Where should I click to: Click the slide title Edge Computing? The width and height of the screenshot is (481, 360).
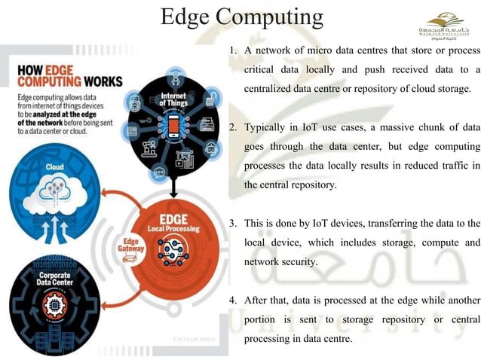pyautogui.click(x=241, y=17)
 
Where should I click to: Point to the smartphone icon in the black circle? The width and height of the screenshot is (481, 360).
pyautogui.click(x=173, y=126)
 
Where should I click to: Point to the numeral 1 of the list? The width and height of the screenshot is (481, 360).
pyautogui.click(x=234, y=50)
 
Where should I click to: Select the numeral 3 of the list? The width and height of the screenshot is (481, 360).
pyautogui.click(x=233, y=224)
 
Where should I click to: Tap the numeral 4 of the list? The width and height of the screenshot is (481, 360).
pyautogui.click(x=233, y=300)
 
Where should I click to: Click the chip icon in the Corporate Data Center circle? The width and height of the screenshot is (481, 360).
pyautogui.click(x=54, y=302)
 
